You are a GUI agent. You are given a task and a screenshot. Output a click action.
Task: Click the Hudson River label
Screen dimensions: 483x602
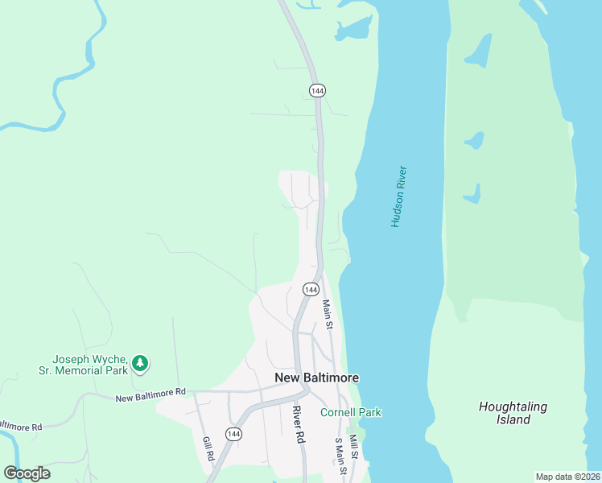(x=399, y=196)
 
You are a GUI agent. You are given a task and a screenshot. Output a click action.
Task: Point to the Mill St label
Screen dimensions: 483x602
(x=353, y=444)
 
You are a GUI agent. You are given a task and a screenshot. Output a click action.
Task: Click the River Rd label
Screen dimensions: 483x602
(x=299, y=424)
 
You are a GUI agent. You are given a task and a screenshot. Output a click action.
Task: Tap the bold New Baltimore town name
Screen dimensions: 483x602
(x=316, y=378)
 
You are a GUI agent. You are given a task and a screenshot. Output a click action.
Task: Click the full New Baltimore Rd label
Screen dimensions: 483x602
(x=150, y=395)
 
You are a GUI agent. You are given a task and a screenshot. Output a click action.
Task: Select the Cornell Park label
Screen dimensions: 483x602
(x=351, y=413)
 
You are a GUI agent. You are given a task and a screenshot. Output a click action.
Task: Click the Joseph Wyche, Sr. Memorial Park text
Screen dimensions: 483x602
(x=90, y=365)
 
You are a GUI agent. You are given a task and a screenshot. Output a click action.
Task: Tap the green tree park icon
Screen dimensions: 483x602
(x=141, y=364)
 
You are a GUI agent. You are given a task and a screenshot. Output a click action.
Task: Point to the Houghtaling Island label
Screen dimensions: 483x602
(x=513, y=413)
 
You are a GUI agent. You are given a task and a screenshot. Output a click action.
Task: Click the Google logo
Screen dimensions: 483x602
(x=27, y=473)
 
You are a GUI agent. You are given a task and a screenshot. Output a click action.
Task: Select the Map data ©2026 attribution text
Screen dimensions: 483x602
(x=567, y=477)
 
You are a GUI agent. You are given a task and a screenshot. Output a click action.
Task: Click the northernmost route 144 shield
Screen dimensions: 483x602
(x=318, y=91)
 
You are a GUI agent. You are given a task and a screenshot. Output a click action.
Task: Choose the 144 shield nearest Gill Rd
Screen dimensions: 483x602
(x=233, y=434)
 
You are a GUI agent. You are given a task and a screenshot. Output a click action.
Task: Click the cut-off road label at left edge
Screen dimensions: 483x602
(x=19, y=426)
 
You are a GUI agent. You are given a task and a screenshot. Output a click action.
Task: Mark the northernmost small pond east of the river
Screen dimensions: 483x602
(x=478, y=51)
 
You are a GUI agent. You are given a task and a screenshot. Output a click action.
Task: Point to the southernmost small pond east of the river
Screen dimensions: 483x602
(x=472, y=194)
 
